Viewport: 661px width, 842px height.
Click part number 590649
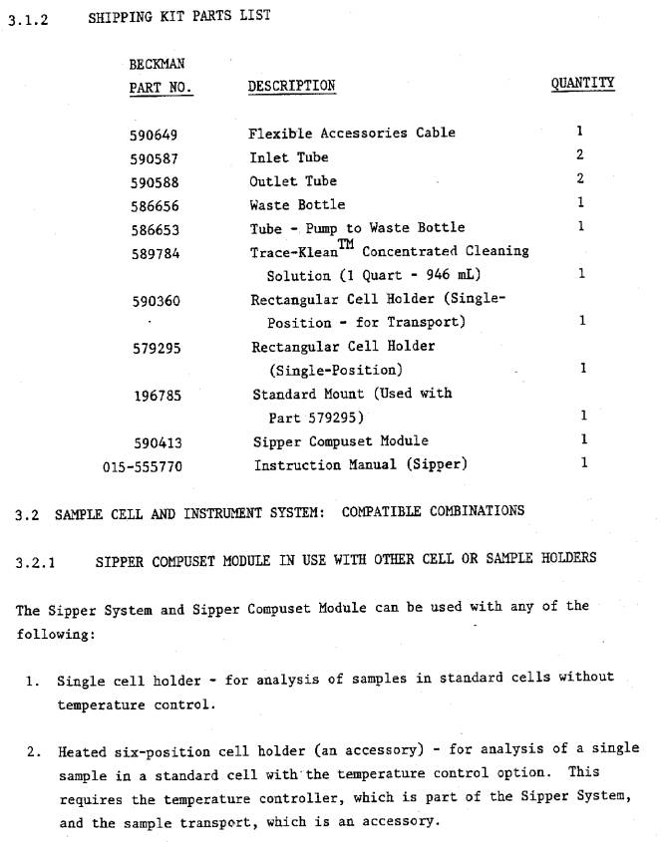154,134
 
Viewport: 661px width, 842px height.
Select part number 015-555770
142,465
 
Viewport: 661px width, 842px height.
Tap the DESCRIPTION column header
291,86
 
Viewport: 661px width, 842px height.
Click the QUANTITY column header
582,84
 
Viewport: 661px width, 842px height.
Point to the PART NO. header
161,88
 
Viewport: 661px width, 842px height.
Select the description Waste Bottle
297,205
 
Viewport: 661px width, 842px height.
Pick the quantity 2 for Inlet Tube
579,155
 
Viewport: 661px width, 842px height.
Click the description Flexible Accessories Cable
352,134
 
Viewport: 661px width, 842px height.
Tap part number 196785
159,395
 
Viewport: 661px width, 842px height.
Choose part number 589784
155,253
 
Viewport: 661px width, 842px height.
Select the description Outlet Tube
293,181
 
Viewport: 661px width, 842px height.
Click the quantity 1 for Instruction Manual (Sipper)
584,463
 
